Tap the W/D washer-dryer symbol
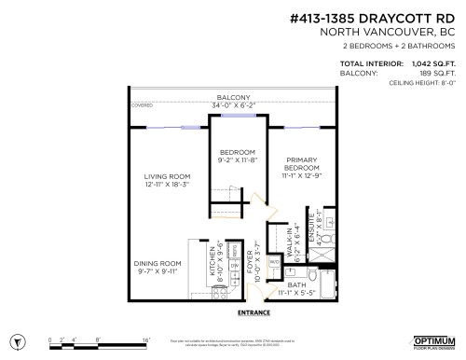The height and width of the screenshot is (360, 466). point(273,265)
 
